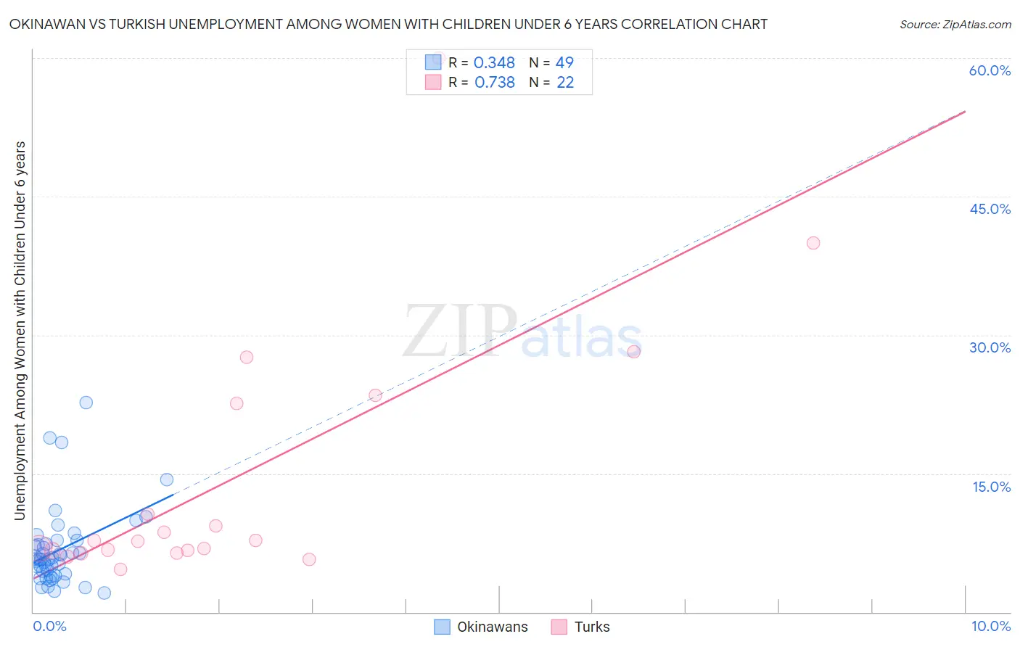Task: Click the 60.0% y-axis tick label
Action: (x=990, y=70)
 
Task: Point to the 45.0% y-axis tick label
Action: (x=990, y=209)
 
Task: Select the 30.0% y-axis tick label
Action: (x=990, y=347)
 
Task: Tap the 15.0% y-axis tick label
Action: (x=991, y=487)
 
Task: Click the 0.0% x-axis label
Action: (x=49, y=626)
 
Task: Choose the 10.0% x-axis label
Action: (x=990, y=626)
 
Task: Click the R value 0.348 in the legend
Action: (x=494, y=63)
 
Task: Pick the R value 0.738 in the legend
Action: (x=494, y=83)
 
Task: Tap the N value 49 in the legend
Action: (x=564, y=63)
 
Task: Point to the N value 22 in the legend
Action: (x=565, y=83)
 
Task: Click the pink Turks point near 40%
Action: (x=813, y=243)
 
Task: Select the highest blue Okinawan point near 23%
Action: (x=86, y=403)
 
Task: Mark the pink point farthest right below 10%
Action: (x=309, y=559)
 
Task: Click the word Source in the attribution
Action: (x=918, y=25)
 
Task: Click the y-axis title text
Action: (x=20, y=331)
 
